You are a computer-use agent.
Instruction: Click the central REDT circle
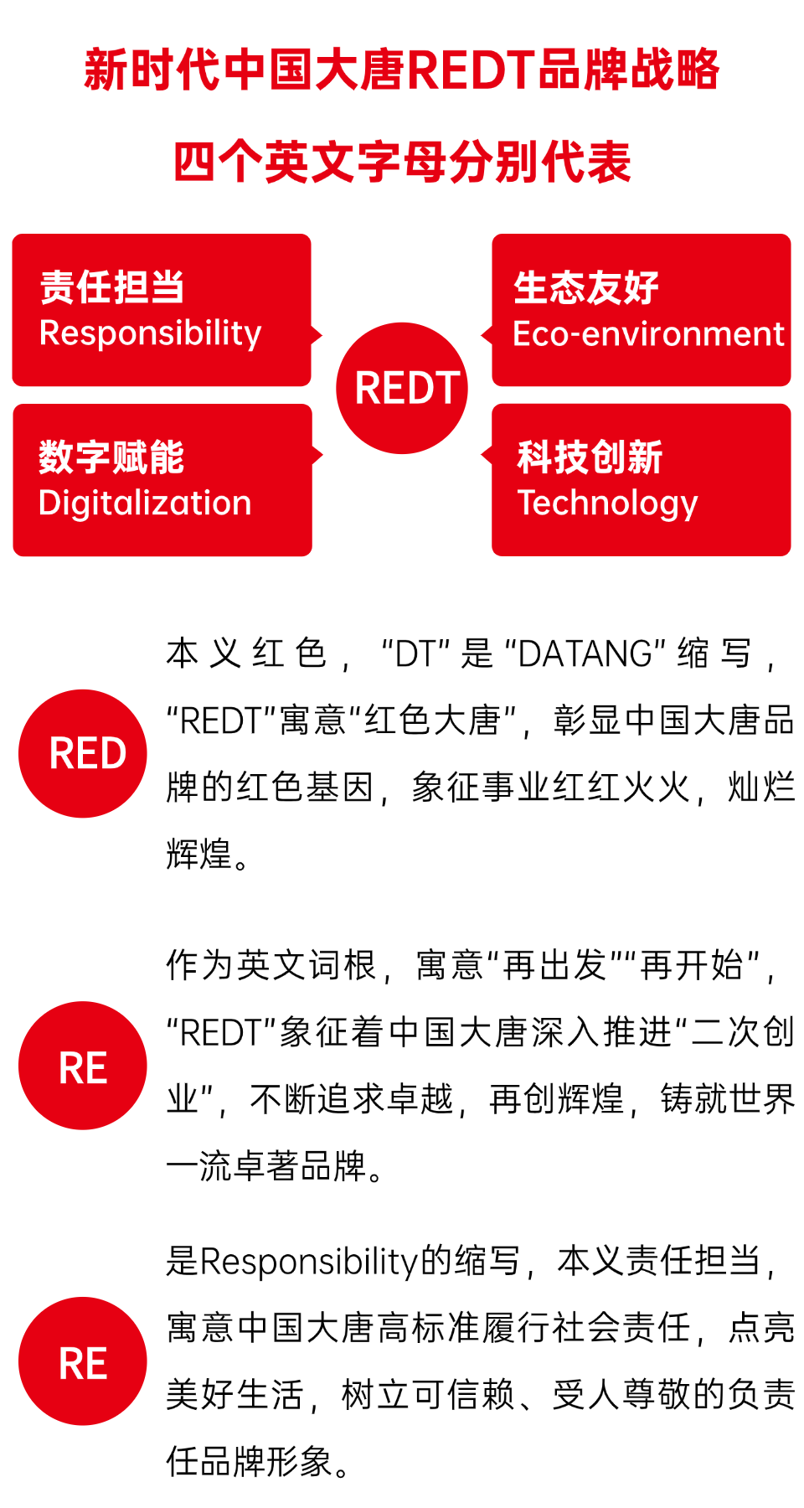click(402, 388)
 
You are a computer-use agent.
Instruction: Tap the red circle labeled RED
click(83, 753)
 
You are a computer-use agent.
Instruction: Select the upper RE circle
click(83, 1066)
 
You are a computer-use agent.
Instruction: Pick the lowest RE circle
click(83, 1361)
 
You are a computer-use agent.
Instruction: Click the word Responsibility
click(151, 333)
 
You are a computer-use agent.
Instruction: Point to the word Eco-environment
click(648, 334)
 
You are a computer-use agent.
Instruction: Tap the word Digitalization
click(145, 504)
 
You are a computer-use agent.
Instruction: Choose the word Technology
click(607, 504)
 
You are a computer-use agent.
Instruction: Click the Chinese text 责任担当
click(112, 287)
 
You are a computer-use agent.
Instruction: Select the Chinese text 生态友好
click(586, 287)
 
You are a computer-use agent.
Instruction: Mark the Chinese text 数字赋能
click(111, 457)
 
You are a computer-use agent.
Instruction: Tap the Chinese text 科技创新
click(590, 457)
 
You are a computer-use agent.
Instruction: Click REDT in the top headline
click(472, 70)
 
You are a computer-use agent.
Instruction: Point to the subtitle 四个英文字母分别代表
click(402, 162)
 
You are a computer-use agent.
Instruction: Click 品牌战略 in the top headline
click(628, 70)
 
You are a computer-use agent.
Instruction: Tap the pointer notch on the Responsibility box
click(317, 336)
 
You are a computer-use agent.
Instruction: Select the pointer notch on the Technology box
click(486, 455)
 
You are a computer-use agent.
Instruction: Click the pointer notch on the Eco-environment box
click(486, 336)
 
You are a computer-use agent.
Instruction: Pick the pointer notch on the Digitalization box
click(317, 455)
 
